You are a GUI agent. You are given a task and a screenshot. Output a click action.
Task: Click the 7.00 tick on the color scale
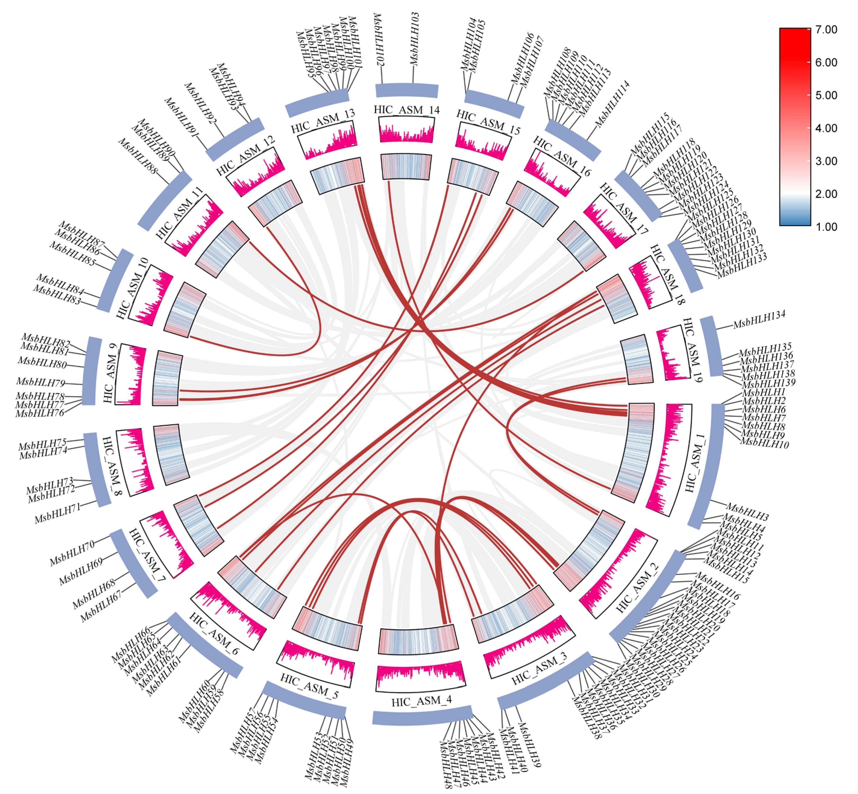coord(826,30)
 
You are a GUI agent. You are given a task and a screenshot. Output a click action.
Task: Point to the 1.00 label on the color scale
coord(826,227)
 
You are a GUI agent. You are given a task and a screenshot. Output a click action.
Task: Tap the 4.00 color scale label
coord(826,128)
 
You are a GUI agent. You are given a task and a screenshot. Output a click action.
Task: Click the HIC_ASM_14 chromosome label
coord(406,110)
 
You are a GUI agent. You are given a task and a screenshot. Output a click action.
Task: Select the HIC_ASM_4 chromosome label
coord(421,702)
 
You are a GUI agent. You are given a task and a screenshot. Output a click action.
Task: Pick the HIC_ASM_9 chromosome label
coord(110,373)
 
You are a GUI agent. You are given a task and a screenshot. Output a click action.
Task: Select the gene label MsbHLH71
coord(58,514)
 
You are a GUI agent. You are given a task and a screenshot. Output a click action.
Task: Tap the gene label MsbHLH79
coord(40,382)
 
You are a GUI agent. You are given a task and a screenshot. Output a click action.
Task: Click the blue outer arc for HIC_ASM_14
coord(407,90)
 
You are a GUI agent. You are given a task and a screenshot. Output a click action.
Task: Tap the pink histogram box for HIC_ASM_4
coord(420,678)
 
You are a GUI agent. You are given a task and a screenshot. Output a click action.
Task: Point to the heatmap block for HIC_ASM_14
coord(406,167)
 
